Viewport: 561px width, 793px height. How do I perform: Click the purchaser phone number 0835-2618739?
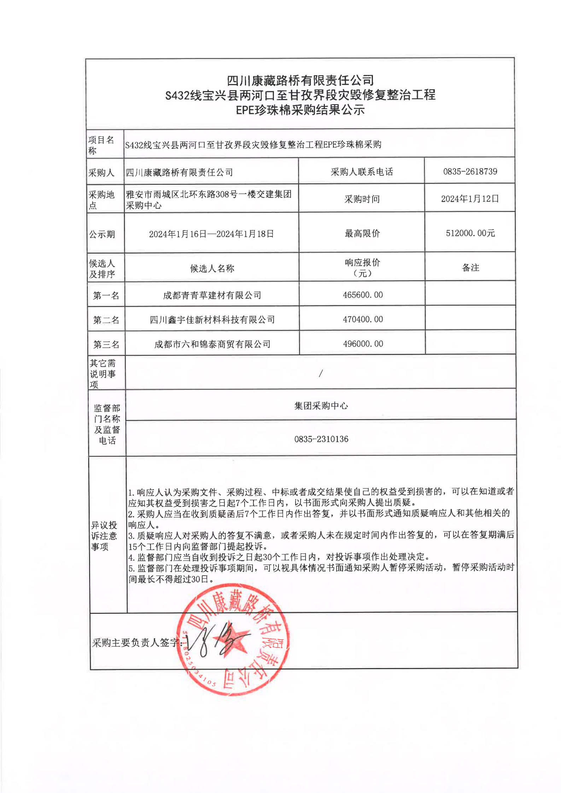pyautogui.click(x=470, y=172)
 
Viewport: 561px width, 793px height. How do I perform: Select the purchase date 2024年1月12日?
pyautogui.click(x=470, y=199)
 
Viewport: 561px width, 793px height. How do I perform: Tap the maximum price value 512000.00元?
pyautogui.click(x=470, y=233)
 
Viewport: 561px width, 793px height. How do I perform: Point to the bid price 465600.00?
pyautogui.click(x=363, y=295)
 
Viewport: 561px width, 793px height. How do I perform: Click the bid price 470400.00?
pyautogui.click(x=363, y=319)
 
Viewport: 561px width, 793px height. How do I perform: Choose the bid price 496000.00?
pyautogui.click(x=363, y=344)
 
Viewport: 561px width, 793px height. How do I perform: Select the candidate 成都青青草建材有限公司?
pyautogui.click(x=212, y=295)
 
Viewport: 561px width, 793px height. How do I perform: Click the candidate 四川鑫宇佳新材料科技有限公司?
pyautogui.click(x=212, y=320)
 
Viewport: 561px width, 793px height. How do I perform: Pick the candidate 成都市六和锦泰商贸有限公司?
pyautogui.click(x=212, y=344)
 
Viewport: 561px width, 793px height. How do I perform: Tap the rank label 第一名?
pyautogui.click(x=106, y=296)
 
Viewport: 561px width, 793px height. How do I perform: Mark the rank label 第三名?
pyautogui.click(x=106, y=345)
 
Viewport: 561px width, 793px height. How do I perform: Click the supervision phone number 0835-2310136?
pyautogui.click(x=321, y=439)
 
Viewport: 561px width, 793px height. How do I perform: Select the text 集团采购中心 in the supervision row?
pyautogui.click(x=321, y=406)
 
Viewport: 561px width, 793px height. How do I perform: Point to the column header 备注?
pyautogui.click(x=471, y=268)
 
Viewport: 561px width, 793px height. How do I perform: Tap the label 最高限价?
pyautogui.click(x=362, y=234)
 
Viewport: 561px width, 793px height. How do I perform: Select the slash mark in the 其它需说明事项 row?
pyautogui.click(x=321, y=374)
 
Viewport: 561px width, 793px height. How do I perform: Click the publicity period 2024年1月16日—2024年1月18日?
pyautogui.click(x=211, y=234)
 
